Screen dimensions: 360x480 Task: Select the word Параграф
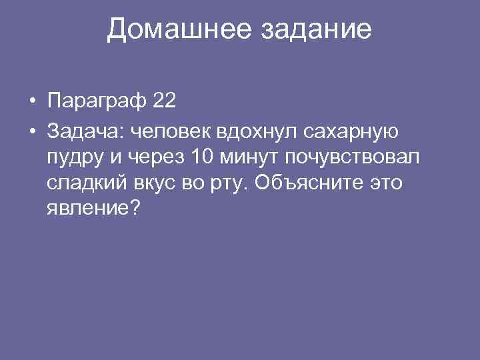click(x=96, y=101)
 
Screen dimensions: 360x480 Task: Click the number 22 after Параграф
click(x=164, y=101)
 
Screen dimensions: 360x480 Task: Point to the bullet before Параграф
click(x=31, y=102)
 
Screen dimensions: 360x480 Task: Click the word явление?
click(x=93, y=209)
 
